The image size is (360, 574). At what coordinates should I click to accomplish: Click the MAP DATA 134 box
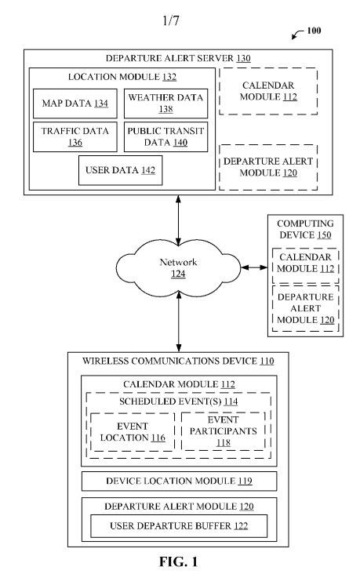click(x=75, y=104)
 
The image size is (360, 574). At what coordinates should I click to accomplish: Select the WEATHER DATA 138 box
click(x=166, y=104)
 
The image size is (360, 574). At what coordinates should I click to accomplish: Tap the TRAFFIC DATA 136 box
click(x=75, y=137)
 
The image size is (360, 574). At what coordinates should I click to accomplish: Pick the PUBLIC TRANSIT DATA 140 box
click(x=166, y=137)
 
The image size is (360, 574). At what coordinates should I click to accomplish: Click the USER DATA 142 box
click(x=121, y=170)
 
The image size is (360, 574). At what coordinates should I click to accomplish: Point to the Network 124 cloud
click(x=178, y=267)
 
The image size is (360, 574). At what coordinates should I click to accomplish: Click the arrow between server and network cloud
click(x=178, y=220)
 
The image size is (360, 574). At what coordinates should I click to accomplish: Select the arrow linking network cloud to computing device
click(x=254, y=267)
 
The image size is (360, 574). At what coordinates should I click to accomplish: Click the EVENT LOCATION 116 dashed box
click(x=133, y=432)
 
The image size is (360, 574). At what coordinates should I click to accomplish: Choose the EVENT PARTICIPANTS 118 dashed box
click(x=223, y=431)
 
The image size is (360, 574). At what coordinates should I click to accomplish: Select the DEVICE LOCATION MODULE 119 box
click(x=179, y=481)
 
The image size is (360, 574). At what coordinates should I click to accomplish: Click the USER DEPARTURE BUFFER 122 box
click(x=179, y=526)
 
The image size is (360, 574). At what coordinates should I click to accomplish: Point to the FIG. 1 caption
click(x=178, y=561)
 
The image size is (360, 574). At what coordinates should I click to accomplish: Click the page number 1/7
click(x=171, y=20)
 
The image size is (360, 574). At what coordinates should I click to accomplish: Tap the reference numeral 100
click(x=314, y=31)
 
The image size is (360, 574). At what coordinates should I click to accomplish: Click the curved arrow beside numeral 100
click(x=297, y=35)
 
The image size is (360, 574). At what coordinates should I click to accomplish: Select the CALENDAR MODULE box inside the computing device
click(x=305, y=266)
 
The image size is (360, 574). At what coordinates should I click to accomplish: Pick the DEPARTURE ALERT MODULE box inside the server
click(x=268, y=167)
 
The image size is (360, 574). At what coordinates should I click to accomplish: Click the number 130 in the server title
click(x=244, y=59)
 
